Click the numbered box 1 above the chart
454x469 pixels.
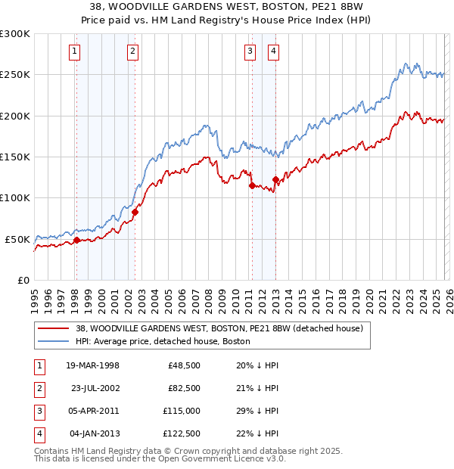click(x=76, y=51)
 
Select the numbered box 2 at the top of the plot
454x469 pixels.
click(x=133, y=51)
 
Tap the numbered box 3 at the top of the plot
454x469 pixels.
click(x=250, y=51)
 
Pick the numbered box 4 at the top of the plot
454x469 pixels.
click(x=273, y=51)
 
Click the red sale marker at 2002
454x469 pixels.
click(x=135, y=213)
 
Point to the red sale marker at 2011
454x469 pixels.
click(x=251, y=185)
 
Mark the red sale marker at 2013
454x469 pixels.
click(x=275, y=179)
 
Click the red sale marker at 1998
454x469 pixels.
click(x=76, y=241)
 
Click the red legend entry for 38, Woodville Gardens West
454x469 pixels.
click(x=219, y=328)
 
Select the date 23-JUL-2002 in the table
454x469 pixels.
click(x=95, y=388)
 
